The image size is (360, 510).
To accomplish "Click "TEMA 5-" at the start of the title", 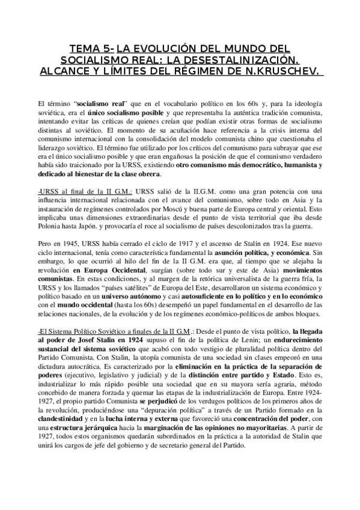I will pyautogui.click(x=92, y=48).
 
